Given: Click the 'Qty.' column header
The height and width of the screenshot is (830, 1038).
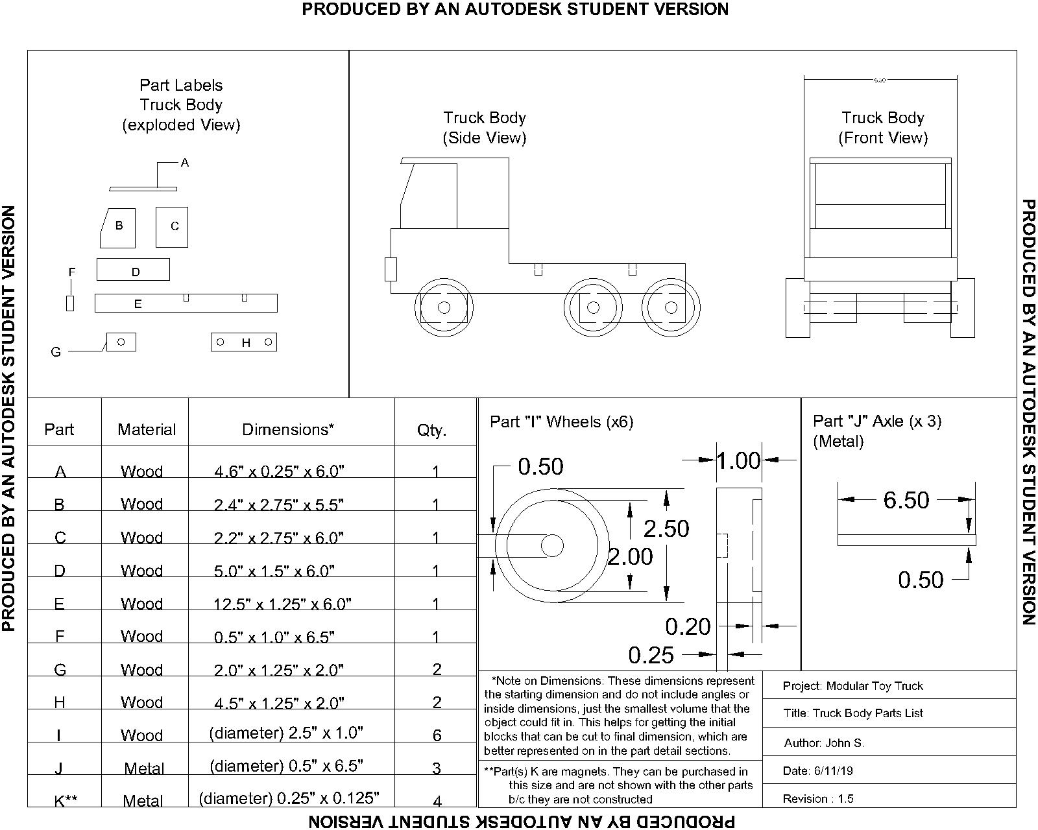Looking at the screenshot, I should pyautogui.click(x=431, y=430).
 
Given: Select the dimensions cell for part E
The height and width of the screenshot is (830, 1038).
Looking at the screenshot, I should pyautogui.click(x=282, y=604).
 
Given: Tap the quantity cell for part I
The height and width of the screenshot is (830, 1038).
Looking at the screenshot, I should pyautogui.click(x=437, y=735).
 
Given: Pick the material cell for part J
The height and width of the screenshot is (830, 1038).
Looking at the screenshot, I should pyautogui.click(x=144, y=768).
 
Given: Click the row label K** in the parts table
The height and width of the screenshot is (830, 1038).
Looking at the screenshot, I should pyautogui.click(x=66, y=801).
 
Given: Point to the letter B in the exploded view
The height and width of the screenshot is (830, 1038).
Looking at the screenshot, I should pyautogui.click(x=119, y=226).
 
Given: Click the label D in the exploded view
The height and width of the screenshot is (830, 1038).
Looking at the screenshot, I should pyautogui.click(x=136, y=272).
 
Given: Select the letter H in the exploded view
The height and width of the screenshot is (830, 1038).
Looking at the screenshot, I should pyautogui.click(x=246, y=343).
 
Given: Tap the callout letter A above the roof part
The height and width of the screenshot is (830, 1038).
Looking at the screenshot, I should pyautogui.click(x=185, y=163).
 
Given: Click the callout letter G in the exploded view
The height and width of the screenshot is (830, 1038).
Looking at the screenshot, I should pyautogui.click(x=56, y=352).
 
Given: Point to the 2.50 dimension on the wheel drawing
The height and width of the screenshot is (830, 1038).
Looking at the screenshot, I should pyautogui.click(x=666, y=528).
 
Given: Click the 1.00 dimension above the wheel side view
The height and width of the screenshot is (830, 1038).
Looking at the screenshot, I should pyautogui.click(x=738, y=461).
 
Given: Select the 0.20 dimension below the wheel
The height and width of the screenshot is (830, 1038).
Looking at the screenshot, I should pyautogui.click(x=688, y=626).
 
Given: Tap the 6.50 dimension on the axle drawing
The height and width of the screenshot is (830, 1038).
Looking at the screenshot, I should pyautogui.click(x=906, y=500).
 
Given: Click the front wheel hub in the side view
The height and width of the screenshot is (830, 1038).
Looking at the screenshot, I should pyautogui.click(x=444, y=307).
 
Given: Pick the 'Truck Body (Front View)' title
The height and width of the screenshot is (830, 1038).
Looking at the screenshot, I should pyautogui.click(x=883, y=128).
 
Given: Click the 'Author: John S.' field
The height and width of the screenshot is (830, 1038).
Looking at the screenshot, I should pyautogui.click(x=824, y=743).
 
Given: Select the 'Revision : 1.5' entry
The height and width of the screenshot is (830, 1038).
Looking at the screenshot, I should pyautogui.click(x=818, y=798).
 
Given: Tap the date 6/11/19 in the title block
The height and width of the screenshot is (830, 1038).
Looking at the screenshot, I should pyautogui.click(x=817, y=771).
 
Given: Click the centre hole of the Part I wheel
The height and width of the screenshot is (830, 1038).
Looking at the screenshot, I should pyautogui.click(x=552, y=545).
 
